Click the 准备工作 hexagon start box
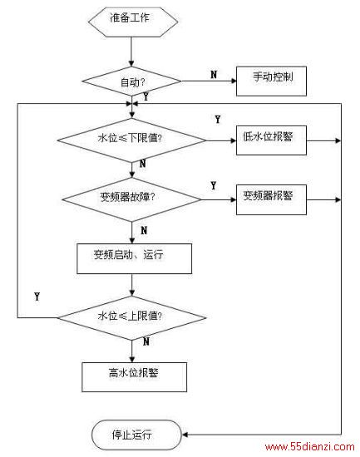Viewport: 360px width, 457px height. pos(133,22)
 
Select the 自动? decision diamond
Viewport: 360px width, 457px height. pos(131,81)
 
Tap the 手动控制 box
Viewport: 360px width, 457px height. pos(271,81)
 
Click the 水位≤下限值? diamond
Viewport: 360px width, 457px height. pos(131,140)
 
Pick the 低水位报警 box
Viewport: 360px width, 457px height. pos(271,140)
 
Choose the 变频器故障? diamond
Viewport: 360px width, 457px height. pos(131,199)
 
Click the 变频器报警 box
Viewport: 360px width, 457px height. pos(271,199)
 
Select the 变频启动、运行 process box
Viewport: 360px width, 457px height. pos(134,258)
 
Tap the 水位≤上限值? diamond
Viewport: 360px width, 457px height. pos(131,317)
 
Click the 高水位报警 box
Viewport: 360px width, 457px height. pos(134,377)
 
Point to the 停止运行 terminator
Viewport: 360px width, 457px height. pos(136,435)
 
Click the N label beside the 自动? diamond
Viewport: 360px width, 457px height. pos(214,75)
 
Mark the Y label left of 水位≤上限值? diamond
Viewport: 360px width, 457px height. pos(37,297)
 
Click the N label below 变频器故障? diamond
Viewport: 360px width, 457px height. pos(144,231)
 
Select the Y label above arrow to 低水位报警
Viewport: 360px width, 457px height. pos(218,119)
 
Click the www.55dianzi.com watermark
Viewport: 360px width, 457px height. pos(310,447)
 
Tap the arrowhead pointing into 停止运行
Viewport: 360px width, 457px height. pos(185,435)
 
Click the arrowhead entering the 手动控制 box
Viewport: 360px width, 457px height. pos(234,81)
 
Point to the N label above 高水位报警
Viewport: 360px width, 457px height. pos(146,342)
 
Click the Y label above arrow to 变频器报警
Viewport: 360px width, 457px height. pos(214,185)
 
